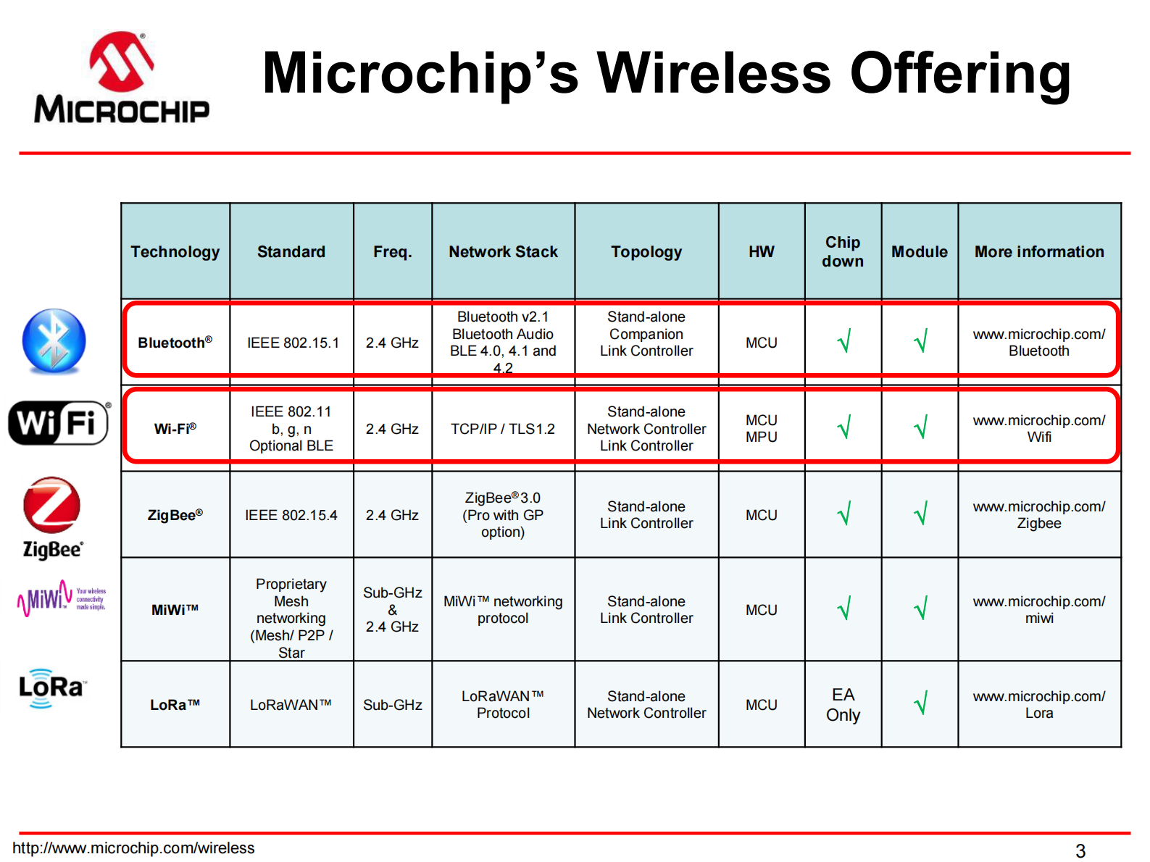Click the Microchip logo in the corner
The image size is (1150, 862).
(122, 78)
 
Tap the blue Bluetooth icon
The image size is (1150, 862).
(54, 341)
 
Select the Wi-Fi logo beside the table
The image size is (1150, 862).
(59, 422)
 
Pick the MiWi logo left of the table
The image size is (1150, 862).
(61, 598)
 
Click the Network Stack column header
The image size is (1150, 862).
(503, 252)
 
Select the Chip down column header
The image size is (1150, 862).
(843, 252)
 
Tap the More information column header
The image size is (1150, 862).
(1039, 252)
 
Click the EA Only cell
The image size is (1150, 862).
(843, 705)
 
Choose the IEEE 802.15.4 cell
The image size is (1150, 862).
(291, 515)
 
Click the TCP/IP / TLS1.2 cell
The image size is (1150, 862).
(503, 429)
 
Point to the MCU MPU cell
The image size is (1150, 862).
(762, 429)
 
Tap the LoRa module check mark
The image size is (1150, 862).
(920, 703)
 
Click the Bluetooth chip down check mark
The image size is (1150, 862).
(843, 341)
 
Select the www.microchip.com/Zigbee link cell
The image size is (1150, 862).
(1039, 515)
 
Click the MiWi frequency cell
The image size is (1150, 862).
(392, 609)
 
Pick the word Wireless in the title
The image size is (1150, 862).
(714, 73)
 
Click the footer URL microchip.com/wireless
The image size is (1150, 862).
(134, 848)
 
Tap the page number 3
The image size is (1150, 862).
(1080, 851)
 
